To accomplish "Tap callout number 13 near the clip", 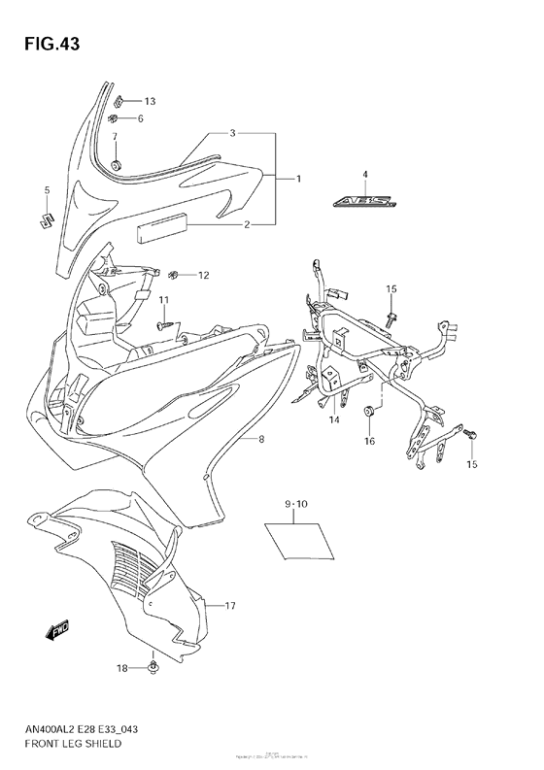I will tap(150, 101).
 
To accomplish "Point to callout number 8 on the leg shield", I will tap(260, 440).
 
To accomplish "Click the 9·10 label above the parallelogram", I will tap(295, 506).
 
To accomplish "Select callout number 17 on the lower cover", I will tap(230, 607).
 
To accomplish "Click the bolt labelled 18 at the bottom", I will tap(154, 666).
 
